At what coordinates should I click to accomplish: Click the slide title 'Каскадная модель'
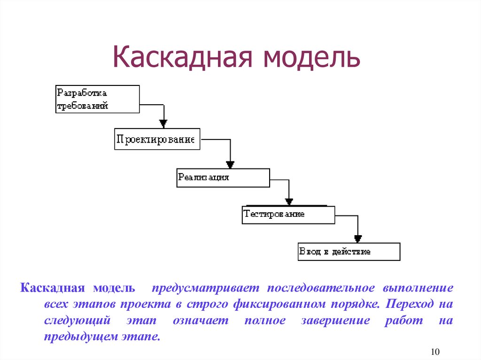236,57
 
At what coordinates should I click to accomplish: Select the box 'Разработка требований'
98,99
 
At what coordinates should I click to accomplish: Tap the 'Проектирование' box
157,139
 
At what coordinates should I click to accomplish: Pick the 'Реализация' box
223,177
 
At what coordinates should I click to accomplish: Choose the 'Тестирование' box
288,214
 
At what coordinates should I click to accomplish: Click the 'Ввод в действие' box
349,252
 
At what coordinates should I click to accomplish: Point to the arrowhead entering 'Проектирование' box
163,123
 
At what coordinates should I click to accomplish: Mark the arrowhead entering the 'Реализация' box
230,164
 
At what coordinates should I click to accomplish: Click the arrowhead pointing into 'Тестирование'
289,201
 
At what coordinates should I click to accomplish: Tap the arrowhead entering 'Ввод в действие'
358,238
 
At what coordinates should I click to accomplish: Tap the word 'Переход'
409,304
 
